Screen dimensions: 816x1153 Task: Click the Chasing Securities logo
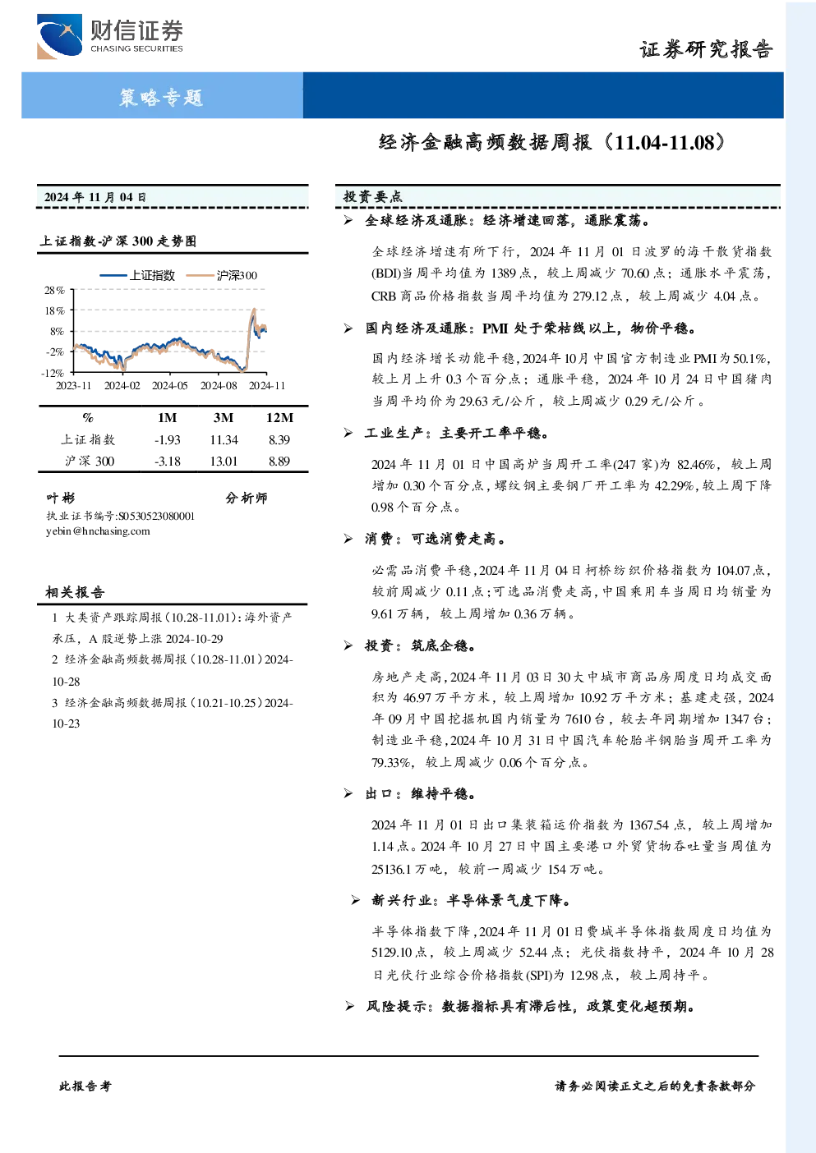tap(110, 36)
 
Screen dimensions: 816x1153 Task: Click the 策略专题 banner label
tap(161, 97)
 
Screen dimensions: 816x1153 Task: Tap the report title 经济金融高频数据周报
tap(485, 142)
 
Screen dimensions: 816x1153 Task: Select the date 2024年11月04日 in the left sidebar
tap(95, 197)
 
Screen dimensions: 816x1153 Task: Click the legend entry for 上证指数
tap(137, 275)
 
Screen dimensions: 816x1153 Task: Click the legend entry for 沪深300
tap(222, 275)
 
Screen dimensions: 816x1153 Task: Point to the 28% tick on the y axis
tap(54, 291)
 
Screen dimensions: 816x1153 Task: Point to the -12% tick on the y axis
tap(53, 373)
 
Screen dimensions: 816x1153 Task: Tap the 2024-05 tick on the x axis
tap(170, 385)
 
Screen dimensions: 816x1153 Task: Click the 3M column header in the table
tap(224, 417)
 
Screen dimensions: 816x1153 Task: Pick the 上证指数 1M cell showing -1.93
tap(168, 440)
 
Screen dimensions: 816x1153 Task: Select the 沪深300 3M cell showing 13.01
tap(224, 462)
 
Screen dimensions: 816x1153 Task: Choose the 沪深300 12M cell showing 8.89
tap(279, 462)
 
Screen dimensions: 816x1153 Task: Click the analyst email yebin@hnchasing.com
tap(98, 531)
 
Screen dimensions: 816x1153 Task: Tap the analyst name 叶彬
tap(60, 498)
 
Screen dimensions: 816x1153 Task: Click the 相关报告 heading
tap(75, 592)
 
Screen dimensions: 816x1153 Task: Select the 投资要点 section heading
tap(373, 196)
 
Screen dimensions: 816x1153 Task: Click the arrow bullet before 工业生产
tap(348, 434)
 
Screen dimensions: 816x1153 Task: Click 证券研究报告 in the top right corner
tap(706, 50)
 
